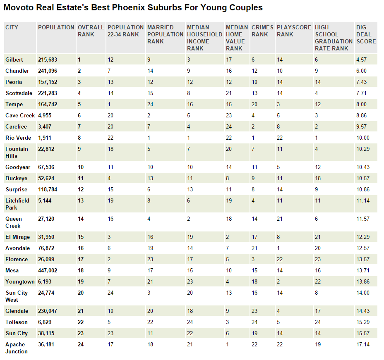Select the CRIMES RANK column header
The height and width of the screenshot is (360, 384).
tap(262, 31)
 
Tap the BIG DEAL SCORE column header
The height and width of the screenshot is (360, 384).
tap(366, 34)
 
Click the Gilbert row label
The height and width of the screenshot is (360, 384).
tap(14, 60)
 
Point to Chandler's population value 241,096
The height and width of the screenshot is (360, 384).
tap(48, 71)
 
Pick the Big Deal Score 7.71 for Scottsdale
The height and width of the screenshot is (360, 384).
tap(362, 93)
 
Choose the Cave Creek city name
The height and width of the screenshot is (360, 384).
tap(20, 115)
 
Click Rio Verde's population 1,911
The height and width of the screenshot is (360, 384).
tap(45, 138)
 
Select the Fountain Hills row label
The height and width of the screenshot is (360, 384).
tap(17, 153)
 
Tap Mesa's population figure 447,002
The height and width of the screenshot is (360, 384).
tap(48, 270)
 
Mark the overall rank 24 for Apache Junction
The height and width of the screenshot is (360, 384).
tap(81, 345)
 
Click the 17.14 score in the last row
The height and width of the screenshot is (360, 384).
tap(363, 345)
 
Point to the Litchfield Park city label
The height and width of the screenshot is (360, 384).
tap(17, 204)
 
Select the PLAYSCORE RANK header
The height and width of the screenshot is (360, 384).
tap(294, 31)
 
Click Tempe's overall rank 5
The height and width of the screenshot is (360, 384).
tap(79, 105)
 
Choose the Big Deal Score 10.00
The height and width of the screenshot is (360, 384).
tap(363, 138)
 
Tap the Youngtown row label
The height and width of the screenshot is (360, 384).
tap(20, 282)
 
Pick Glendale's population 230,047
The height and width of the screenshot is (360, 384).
tap(48, 311)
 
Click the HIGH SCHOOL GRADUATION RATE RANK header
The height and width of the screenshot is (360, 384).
tap(334, 38)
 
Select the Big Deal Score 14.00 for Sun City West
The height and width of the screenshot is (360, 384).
tap(363, 293)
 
